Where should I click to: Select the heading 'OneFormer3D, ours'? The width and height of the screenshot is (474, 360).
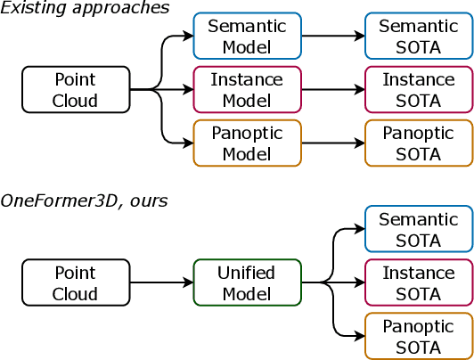84,201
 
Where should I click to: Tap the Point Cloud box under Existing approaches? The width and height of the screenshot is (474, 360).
76,90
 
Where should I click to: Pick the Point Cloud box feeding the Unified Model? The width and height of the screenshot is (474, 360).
76,283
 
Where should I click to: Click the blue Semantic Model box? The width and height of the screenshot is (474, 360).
247,36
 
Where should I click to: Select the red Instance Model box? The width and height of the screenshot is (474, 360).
247,90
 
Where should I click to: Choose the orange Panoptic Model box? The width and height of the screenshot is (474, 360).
247,143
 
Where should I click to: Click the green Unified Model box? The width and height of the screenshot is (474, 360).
247,283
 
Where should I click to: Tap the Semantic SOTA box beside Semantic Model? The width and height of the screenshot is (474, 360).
419,36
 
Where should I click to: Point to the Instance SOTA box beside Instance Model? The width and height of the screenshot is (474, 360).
419,90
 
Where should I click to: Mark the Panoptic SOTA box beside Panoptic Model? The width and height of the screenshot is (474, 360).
419,143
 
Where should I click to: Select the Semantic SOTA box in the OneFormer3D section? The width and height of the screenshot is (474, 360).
419,229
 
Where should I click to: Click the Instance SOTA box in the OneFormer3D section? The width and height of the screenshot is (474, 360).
419,283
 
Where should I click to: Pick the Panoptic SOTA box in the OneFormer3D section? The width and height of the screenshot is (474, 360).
419,337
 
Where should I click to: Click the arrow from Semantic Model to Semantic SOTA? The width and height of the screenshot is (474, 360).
332,37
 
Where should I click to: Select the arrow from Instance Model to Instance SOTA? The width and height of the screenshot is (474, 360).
332,90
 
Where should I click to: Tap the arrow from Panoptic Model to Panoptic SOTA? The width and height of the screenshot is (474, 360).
332,143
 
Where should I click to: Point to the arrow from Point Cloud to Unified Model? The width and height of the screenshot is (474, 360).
161,283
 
